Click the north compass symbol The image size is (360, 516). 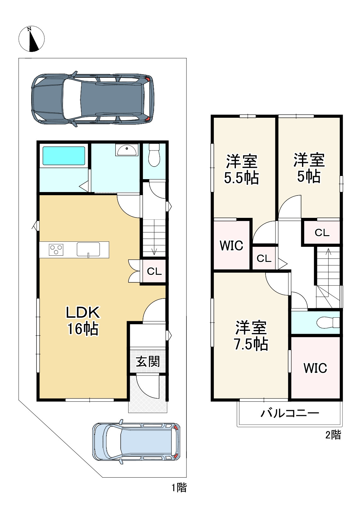coord(31,39)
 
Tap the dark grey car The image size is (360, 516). coord(93,99)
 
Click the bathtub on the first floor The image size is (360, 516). coord(64,156)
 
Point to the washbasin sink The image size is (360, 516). coord(127,150)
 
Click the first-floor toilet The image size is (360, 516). coord(154,155)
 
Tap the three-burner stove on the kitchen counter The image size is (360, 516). coord(56,250)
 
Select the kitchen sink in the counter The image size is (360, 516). coord(88,249)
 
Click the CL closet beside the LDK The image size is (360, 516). coord(154,271)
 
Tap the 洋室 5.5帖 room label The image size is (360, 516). coord(241,169)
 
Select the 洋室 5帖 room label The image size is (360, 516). coord(309,168)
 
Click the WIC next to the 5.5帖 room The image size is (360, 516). coord(231,245)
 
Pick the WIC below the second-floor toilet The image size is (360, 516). coord(315,368)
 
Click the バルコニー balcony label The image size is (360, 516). coord(290,413)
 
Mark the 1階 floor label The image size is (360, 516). coord(179,488)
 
